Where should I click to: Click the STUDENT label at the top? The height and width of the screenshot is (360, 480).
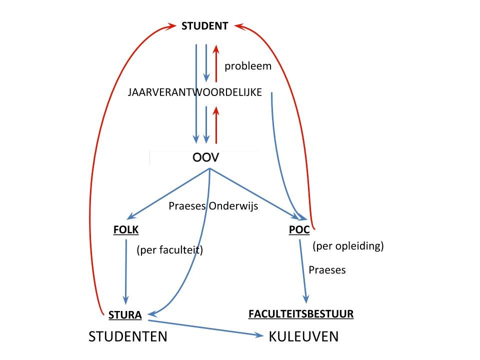click(x=204, y=26)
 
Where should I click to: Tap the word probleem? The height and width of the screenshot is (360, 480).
click(x=248, y=66)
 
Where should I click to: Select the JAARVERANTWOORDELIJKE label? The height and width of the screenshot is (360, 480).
click(x=194, y=92)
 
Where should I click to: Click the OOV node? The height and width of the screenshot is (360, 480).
click(x=205, y=157)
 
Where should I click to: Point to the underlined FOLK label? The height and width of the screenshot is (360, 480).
click(x=126, y=229)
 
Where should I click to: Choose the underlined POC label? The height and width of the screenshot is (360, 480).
click(x=299, y=229)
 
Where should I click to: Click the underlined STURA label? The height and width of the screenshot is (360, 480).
click(x=125, y=315)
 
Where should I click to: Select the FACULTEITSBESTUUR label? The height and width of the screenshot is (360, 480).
click(x=301, y=314)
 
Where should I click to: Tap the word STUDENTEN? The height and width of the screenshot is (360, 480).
click(x=128, y=336)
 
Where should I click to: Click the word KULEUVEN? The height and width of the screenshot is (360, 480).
click(x=303, y=336)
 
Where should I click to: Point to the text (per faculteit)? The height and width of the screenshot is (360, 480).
click(x=169, y=250)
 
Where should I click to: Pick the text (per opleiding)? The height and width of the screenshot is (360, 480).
click(x=348, y=246)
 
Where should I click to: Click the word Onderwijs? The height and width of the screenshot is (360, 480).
click(x=233, y=206)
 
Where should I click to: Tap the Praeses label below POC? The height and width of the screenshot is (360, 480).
click(x=327, y=270)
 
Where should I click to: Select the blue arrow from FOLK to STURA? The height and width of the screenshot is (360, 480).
click(x=126, y=272)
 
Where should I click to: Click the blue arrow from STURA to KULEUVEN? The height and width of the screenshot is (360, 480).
click(x=205, y=328)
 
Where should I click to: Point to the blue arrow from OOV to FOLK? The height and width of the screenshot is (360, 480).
click(x=168, y=193)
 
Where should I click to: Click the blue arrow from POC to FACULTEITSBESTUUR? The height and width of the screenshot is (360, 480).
click(x=303, y=271)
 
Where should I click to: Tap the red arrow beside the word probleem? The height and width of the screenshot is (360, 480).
click(x=216, y=63)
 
